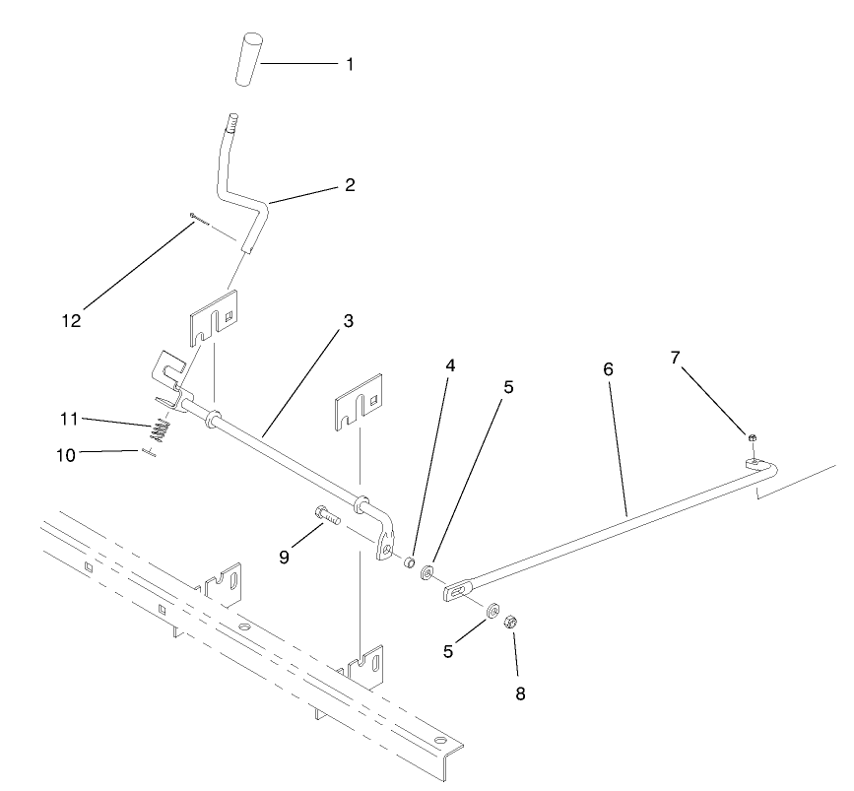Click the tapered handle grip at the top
click(247, 59)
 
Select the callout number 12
click(70, 321)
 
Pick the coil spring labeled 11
click(162, 430)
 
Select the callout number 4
click(450, 365)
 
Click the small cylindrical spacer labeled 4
click(408, 564)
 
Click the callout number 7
click(676, 359)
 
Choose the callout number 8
click(520, 693)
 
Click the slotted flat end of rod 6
click(456, 592)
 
